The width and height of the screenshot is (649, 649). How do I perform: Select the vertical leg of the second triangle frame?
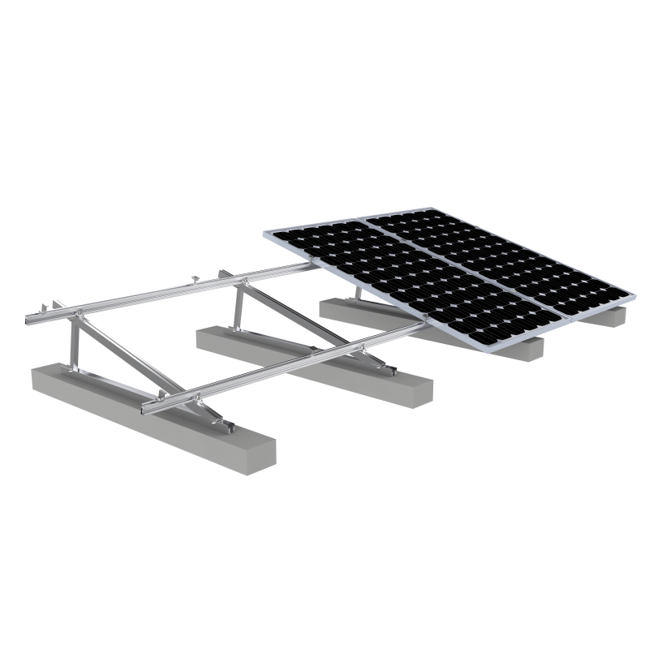tap(239, 304)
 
